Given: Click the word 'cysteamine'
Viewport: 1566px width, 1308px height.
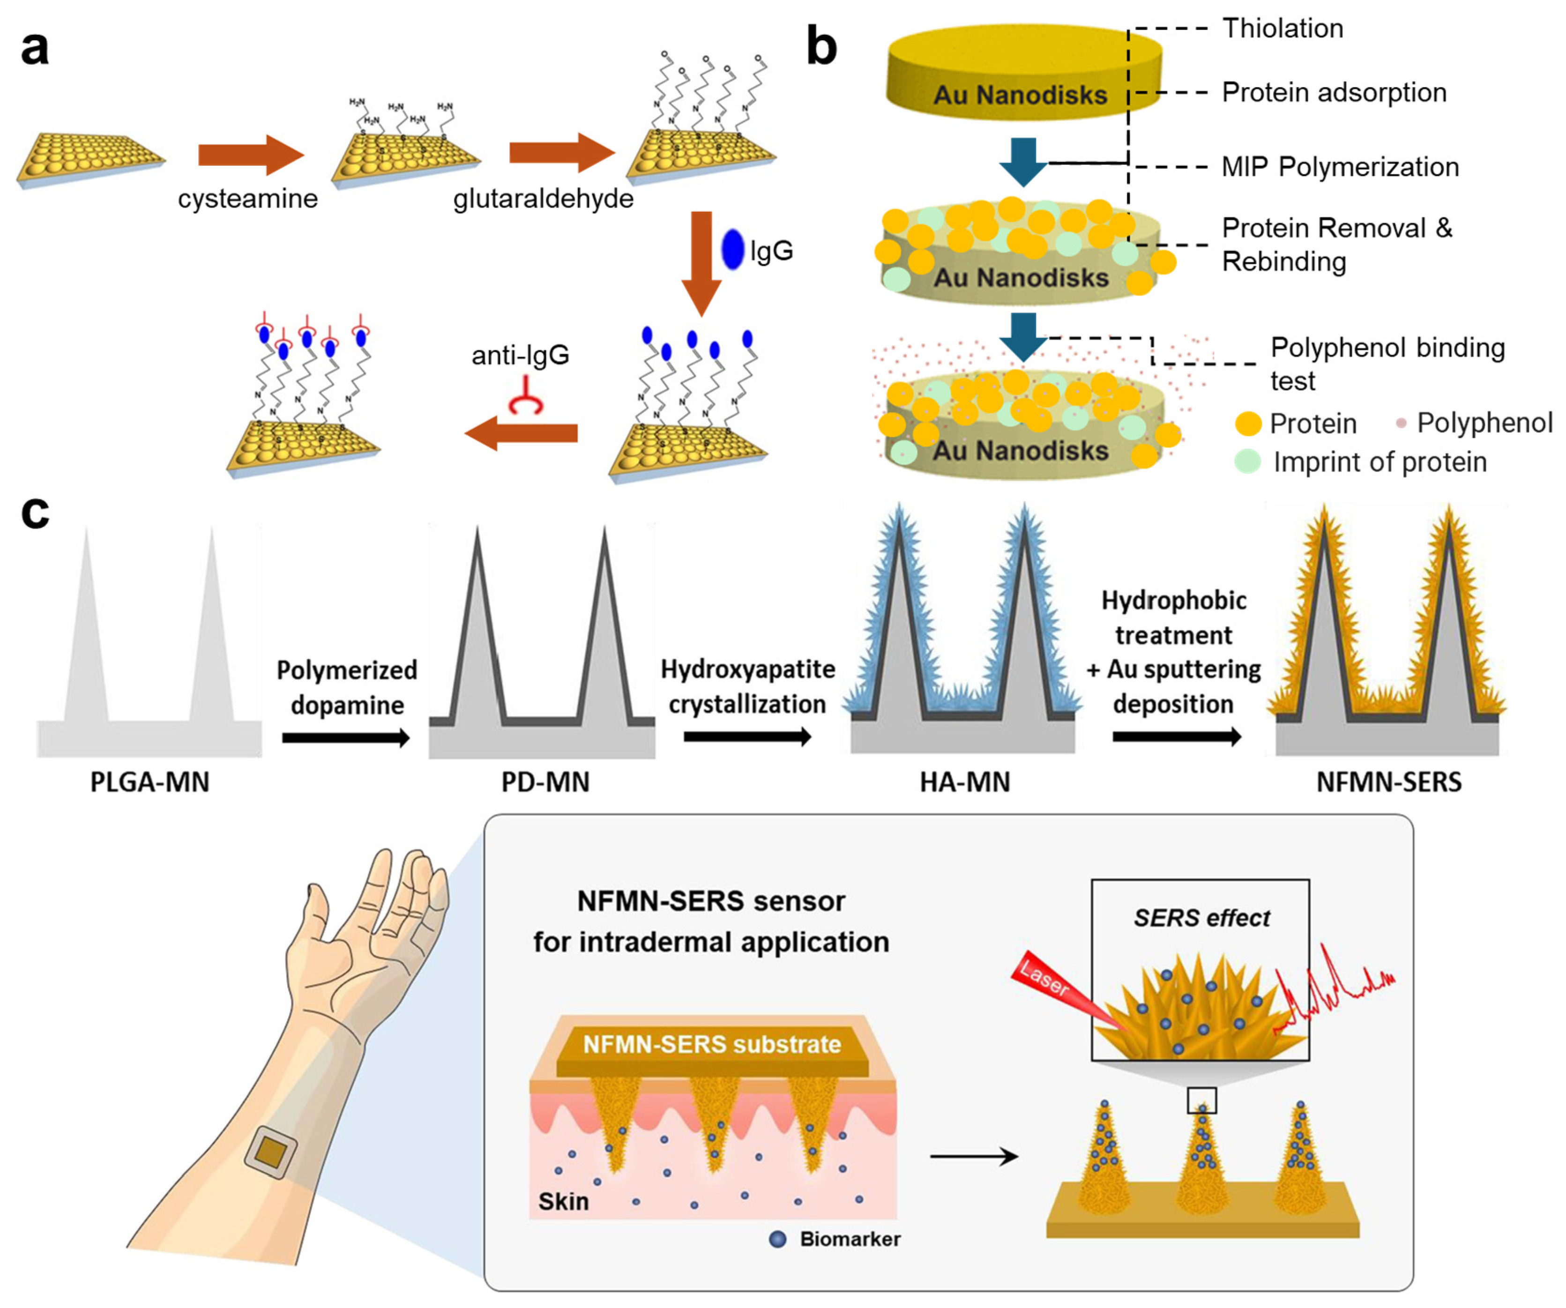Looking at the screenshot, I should point(247,198).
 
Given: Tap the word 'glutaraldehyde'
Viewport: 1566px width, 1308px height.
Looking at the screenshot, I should point(543,198).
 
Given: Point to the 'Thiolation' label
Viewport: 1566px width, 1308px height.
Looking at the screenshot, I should point(1283,28).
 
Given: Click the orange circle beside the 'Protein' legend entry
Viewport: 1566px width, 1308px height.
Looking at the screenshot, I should point(1247,424).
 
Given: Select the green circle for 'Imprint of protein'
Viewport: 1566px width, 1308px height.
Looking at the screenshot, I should point(1247,461).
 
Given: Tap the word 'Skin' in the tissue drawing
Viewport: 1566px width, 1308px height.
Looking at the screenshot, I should point(563,1201).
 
